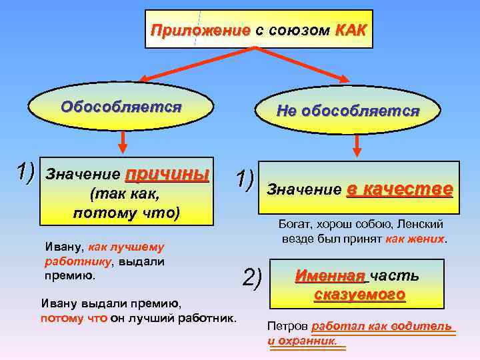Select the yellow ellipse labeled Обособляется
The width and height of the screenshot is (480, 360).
pyautogui.click(x=121, y=107)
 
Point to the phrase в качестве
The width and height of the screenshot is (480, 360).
pyautogui.click(x=400, y=189)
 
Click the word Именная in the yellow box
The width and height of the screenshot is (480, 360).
pyautogui.click(x=331, y=275)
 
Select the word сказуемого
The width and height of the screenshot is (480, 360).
pyautogui.click(x=359, y=294)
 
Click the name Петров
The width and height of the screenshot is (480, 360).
pyautogui.click(x=287, y=327)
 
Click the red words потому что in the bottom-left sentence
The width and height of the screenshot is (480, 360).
pyautogui.click(x=73, y=318)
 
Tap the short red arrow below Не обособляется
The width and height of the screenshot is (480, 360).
pyautogui.click(x=358, y=145)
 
